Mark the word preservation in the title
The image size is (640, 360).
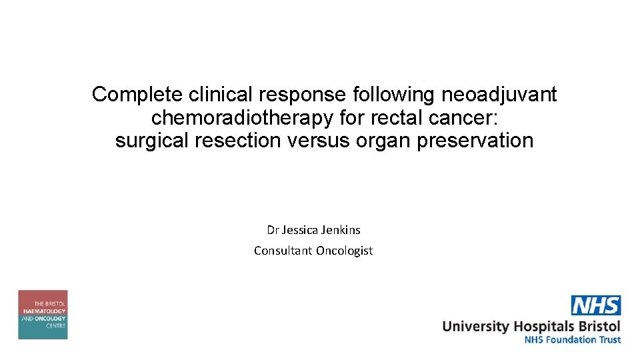pyautogui.click(x=475, y=141)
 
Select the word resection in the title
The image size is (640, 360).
pyautogui.click(x=241, y=141)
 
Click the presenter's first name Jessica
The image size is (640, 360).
pyautogui.click(x=299, y=230)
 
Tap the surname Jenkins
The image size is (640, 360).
pyautogui.click(x=341, y=230)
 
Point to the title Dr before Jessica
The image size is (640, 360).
pyautogui.click(x=273, y=230)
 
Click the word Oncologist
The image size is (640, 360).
pyautogui.click(x=345, y=251)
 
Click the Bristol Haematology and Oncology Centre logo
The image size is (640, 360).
pyautogui.click(x=43, y=315)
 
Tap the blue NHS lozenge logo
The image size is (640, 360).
pyautogui.click(x=596, y=305)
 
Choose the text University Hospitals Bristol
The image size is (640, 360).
pyautogui.click(x=531, y=326)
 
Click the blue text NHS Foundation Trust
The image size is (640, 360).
pyautogui.click(x=573, y=339)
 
